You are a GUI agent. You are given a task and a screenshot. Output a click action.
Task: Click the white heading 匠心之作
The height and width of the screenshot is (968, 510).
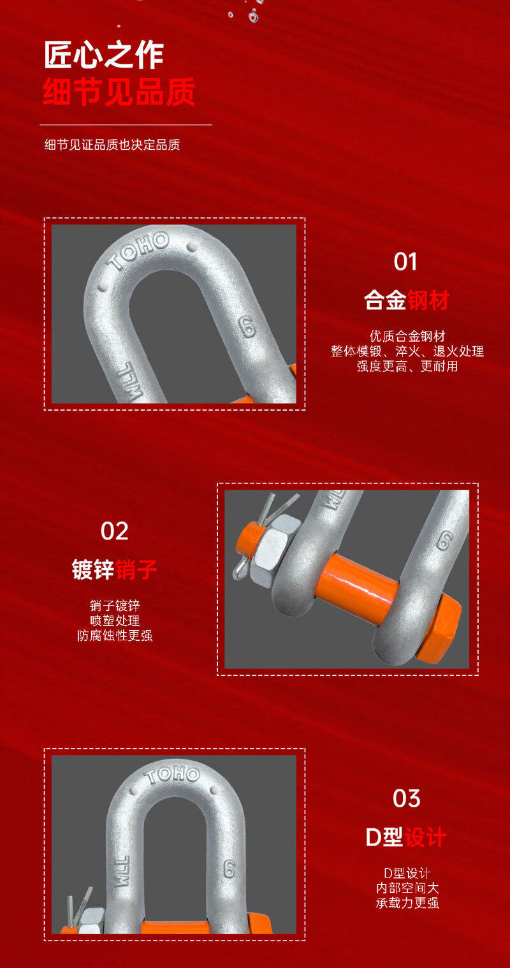pos(104,55)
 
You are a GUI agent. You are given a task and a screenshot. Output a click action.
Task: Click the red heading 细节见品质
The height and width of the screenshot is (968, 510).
pos(119,92)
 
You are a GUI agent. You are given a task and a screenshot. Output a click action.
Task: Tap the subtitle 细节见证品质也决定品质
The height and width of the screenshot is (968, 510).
pos(112,145)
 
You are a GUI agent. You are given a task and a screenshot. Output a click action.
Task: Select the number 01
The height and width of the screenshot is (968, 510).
pos(405,262)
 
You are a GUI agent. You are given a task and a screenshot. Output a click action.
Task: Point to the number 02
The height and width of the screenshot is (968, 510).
pos(115,531)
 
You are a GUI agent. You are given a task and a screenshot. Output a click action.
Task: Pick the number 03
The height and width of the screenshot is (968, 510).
pos(406,798)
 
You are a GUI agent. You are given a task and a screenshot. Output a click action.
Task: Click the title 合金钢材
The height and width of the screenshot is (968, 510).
pos(406,300)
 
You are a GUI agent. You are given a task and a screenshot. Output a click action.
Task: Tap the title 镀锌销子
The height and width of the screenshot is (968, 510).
pos(115,569)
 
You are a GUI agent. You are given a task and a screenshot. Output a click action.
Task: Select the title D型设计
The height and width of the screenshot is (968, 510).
pos(406,837)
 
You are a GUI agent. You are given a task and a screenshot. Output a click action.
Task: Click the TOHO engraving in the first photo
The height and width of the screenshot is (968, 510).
pos(138,251)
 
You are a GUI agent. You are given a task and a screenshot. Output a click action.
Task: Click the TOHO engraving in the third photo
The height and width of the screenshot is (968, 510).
pos(172,775)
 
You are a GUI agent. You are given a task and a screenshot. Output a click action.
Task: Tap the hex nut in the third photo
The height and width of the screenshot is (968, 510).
pos(91,921)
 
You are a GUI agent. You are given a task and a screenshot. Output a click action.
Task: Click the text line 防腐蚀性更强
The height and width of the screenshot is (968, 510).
pos(115,636)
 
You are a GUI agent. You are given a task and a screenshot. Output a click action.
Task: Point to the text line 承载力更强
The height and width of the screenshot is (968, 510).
pos(407,903)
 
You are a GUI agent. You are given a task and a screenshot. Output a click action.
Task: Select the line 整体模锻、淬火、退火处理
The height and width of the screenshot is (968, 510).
pos(407,351)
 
